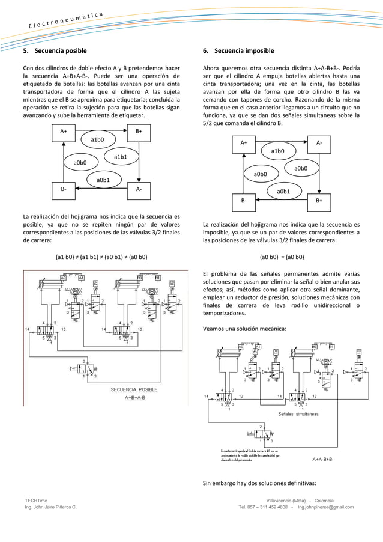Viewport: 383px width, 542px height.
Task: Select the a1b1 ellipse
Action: coord(121,157)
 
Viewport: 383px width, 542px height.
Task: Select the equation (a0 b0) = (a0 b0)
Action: coord(281,257)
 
